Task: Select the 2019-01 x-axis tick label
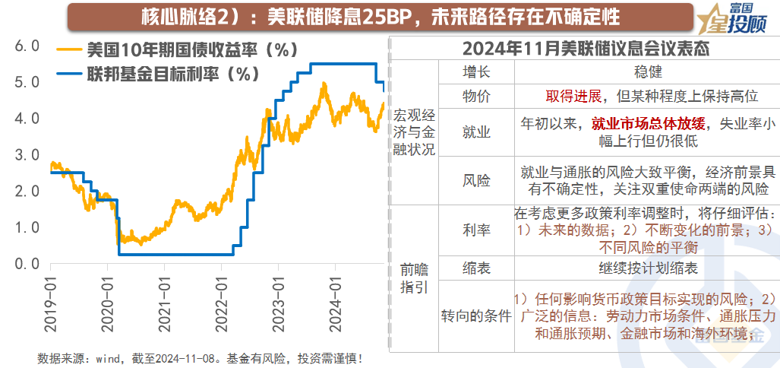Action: (x=51, y=303)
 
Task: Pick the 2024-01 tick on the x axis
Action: (x=335, y=303)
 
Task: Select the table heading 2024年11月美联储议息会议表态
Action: (x=586, y=49)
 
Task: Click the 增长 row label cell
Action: (x=476, y=72)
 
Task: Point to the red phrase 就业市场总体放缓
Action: (x=648, y=123)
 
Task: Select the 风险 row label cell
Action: (x=476, y=180)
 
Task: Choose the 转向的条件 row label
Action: (x=476, y=315)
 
